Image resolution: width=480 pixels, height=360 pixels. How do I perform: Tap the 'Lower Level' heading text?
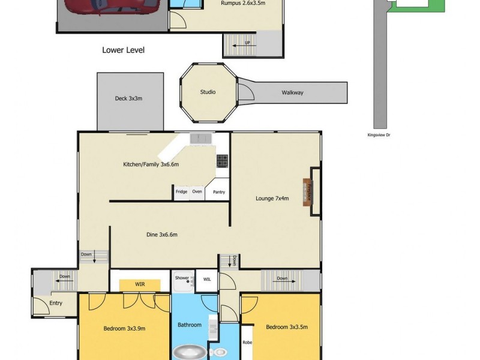123,50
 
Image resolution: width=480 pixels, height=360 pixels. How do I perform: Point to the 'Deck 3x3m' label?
128,98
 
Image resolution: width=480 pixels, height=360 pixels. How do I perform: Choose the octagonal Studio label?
208,92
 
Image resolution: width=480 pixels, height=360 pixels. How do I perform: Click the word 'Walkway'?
292,92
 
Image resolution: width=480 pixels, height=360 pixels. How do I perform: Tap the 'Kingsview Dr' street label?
379,136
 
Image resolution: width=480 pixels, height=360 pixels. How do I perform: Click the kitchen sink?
202,139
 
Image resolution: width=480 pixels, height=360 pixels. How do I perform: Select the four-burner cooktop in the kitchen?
222,160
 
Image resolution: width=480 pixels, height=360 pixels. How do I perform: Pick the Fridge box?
181,192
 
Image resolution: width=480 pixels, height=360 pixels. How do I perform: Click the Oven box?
197,192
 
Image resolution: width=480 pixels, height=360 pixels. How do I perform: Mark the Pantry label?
219,192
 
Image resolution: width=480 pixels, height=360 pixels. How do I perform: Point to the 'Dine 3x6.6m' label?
162,235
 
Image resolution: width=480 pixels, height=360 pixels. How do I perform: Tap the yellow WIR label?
139,284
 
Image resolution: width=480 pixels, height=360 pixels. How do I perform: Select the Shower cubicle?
182,281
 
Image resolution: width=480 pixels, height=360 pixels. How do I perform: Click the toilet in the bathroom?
220,352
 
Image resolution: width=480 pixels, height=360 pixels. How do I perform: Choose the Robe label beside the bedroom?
247,343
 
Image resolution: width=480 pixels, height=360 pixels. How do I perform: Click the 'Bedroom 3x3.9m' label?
124,328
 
